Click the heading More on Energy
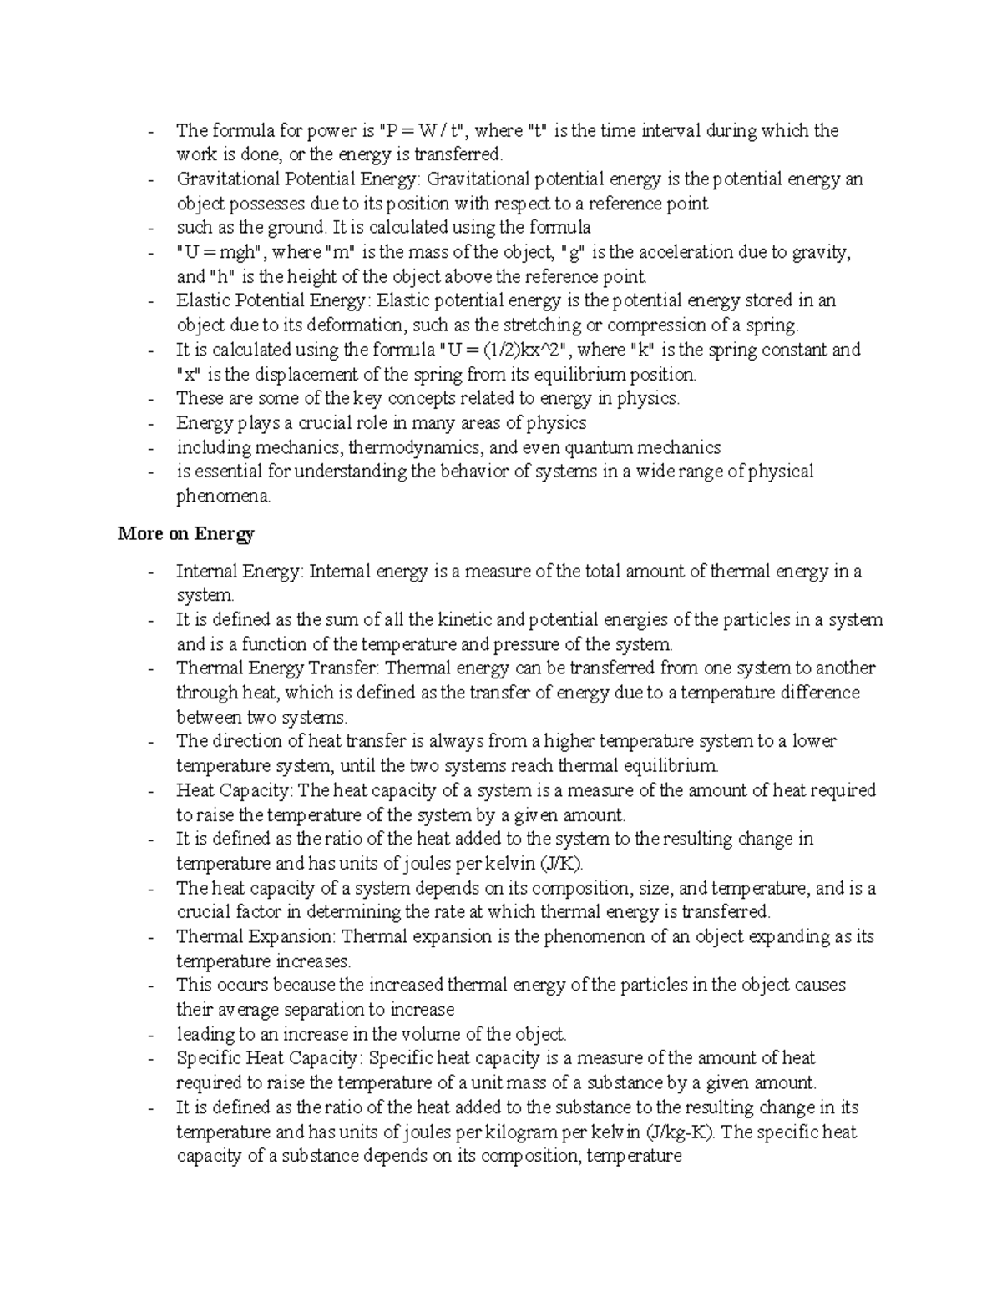(185, 534)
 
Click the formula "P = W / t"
(425, 131)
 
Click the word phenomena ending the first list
(223, 497)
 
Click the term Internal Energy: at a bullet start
(240, 572)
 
